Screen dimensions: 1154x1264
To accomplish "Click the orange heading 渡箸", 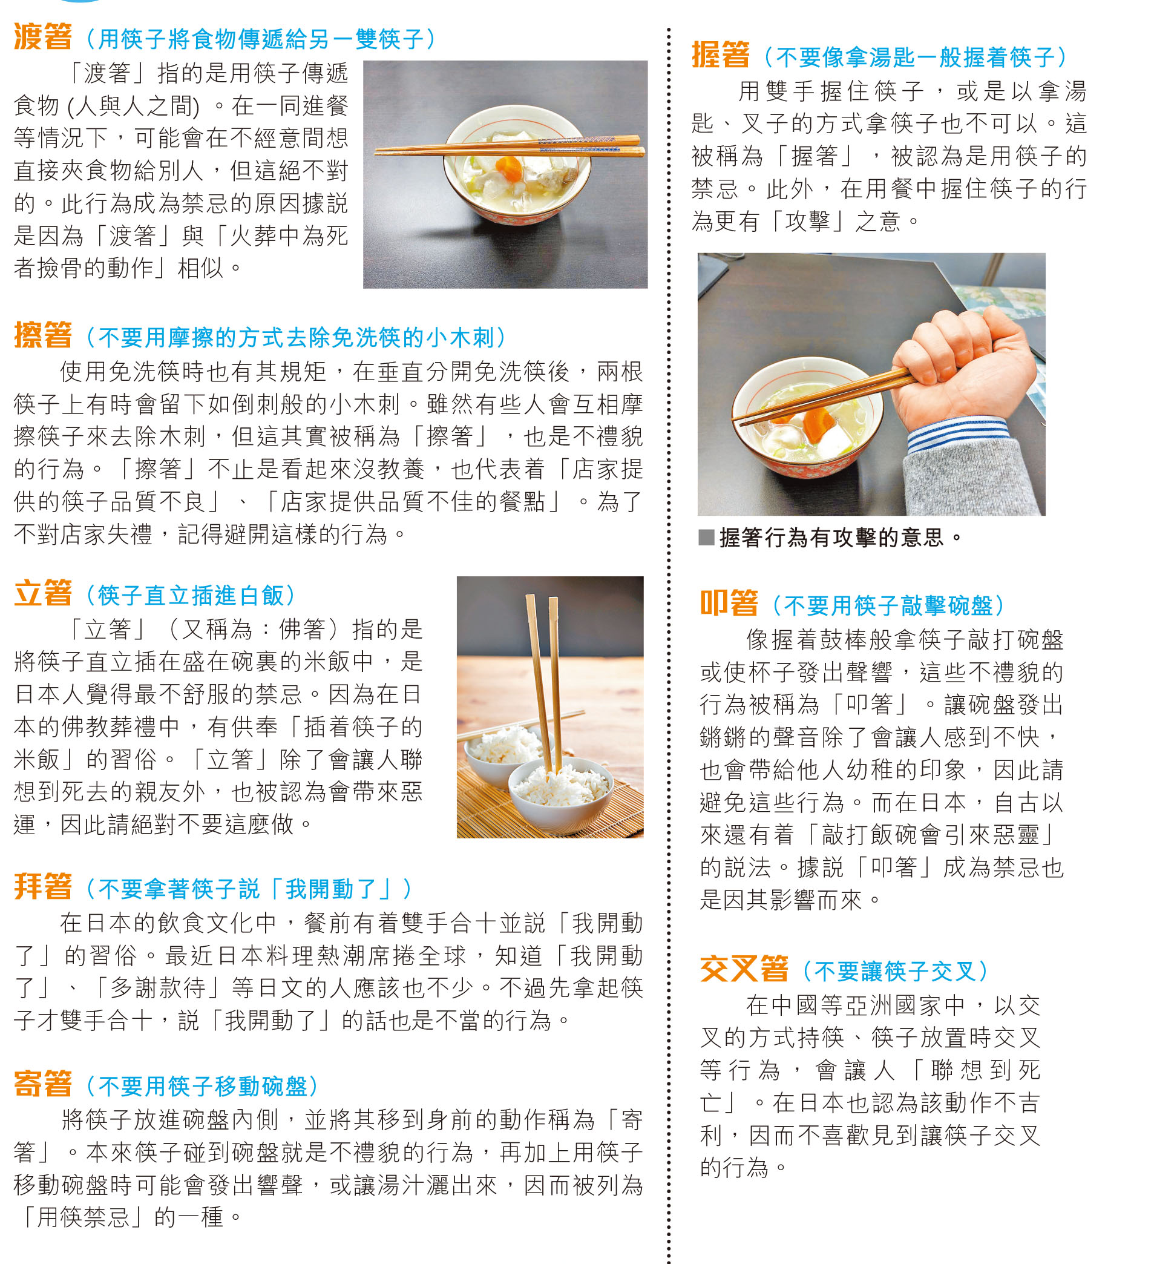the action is [42, 36].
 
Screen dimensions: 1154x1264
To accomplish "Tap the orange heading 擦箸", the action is [42, 335].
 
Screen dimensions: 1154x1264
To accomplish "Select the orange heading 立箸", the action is [42, 593].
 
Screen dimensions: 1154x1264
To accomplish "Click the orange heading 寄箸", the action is [42, 1084].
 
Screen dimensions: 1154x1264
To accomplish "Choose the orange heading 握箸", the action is [720, 54].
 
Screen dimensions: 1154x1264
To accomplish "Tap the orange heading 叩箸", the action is [729, 603].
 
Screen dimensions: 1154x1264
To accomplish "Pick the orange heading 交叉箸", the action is [744, 969].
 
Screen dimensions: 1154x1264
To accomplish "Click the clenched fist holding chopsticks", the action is [959, 370].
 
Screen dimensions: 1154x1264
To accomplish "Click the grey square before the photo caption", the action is [706, 537].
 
